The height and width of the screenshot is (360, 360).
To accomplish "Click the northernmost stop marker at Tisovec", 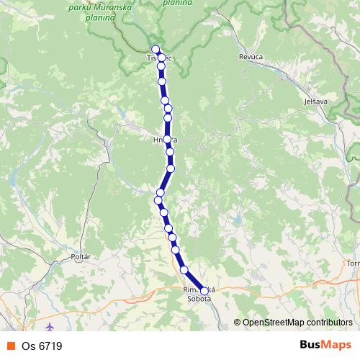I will pos(156,50).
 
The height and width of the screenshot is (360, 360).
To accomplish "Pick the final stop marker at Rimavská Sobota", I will pos(204,292).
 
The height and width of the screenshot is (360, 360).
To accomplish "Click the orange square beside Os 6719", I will pos(10,346).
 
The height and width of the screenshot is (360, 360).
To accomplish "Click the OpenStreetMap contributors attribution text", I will pos(297,323).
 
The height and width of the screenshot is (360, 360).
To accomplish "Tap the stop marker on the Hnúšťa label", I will pos(166,139).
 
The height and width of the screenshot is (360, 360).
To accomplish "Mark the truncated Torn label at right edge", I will pos(353,263).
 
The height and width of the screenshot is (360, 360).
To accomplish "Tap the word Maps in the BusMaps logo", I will pos(335,346).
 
